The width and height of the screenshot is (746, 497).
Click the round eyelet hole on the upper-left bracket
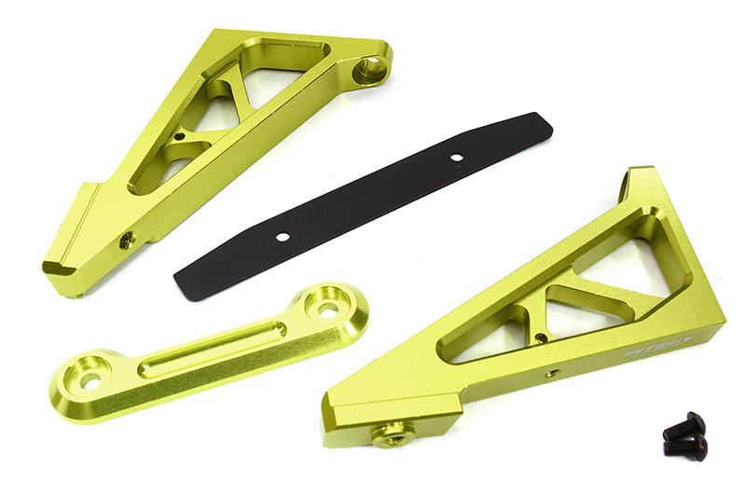coord(371,67)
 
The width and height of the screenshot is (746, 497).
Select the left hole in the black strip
coord(281,237)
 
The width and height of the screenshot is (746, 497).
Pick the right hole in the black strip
coord(456,157)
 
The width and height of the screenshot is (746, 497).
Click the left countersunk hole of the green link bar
coord(90,380)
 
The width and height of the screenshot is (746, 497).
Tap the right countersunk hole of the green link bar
coord(327,306)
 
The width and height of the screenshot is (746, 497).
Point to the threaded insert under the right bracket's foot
coord(392,433)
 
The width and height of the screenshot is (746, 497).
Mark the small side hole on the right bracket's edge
coord(551,373)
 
